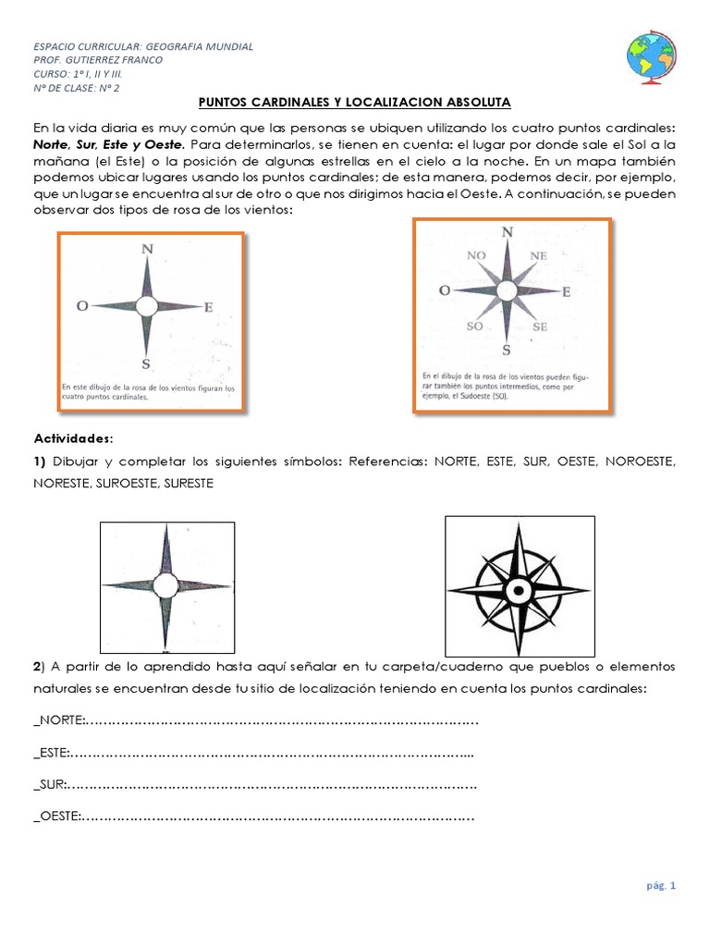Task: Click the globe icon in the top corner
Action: [651, 55]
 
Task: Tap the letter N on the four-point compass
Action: [147, 249]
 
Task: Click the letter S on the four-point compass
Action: [147, 363]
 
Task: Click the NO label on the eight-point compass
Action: [476, 254]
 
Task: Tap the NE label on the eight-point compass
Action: [539, 254]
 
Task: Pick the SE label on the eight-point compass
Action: [540, 326]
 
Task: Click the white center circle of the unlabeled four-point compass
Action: [165, 585]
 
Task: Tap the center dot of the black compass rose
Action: [519, 589]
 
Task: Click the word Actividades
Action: [72, 436]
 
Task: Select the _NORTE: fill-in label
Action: [59, 720]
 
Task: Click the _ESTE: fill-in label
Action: [52, 753]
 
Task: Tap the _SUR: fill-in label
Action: [50, 785]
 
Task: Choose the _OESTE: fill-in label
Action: [57, 817]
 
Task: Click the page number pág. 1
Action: [661, 886]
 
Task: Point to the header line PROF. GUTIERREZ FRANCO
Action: [98, 60]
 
